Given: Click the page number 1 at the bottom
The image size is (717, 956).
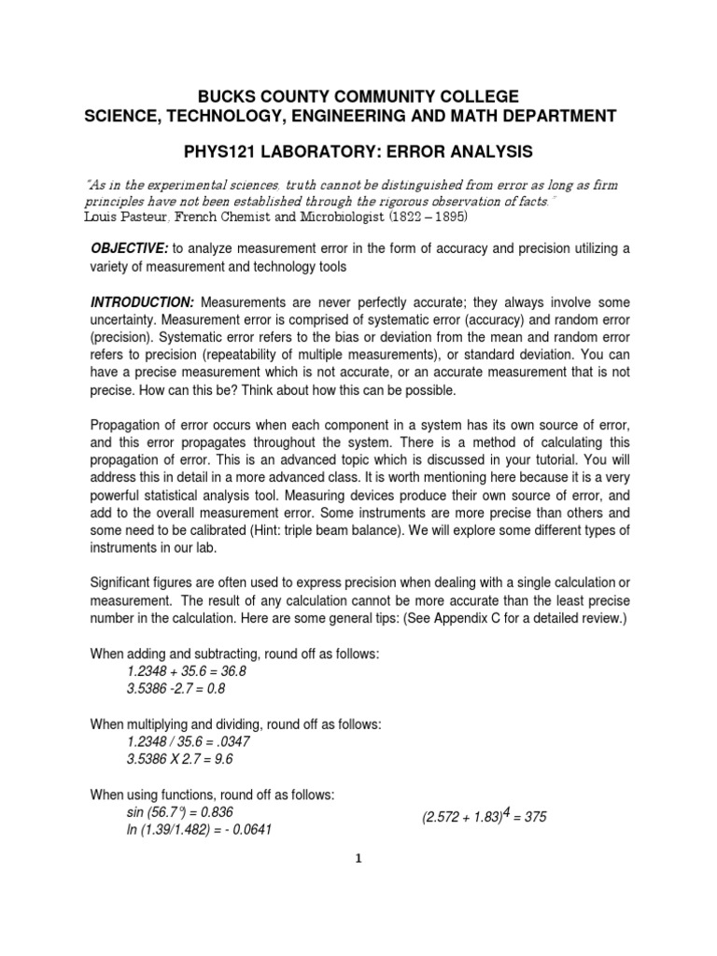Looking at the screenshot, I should [358, 861].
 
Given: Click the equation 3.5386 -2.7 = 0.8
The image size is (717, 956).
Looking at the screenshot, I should [176, 689].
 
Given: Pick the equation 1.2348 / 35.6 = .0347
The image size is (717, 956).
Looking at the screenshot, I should [188, 741].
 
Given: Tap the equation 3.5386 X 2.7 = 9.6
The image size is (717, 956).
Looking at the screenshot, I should [180, 759].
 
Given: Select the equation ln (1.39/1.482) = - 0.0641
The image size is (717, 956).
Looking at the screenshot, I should [199, 829].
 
